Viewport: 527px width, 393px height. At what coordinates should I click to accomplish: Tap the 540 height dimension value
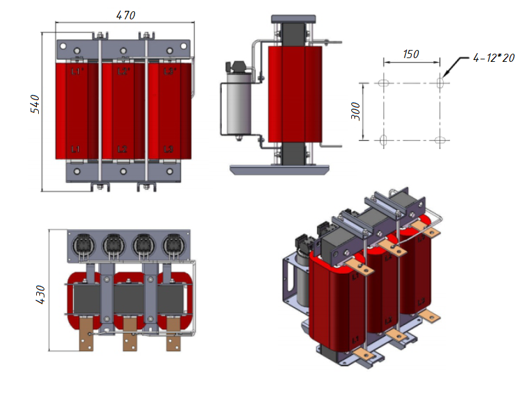point(36,104)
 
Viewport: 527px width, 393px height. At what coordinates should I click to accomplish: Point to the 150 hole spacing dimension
point(411,54)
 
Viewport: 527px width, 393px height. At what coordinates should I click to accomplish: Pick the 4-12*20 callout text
point(493,57)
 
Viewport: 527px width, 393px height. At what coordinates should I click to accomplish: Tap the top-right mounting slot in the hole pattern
point(440,82)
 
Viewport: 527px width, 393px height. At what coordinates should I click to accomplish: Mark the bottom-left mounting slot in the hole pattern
point(384,139)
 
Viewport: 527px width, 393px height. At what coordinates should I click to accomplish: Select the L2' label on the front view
point(123,72)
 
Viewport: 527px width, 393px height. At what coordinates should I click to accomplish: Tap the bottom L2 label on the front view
point(123,149)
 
